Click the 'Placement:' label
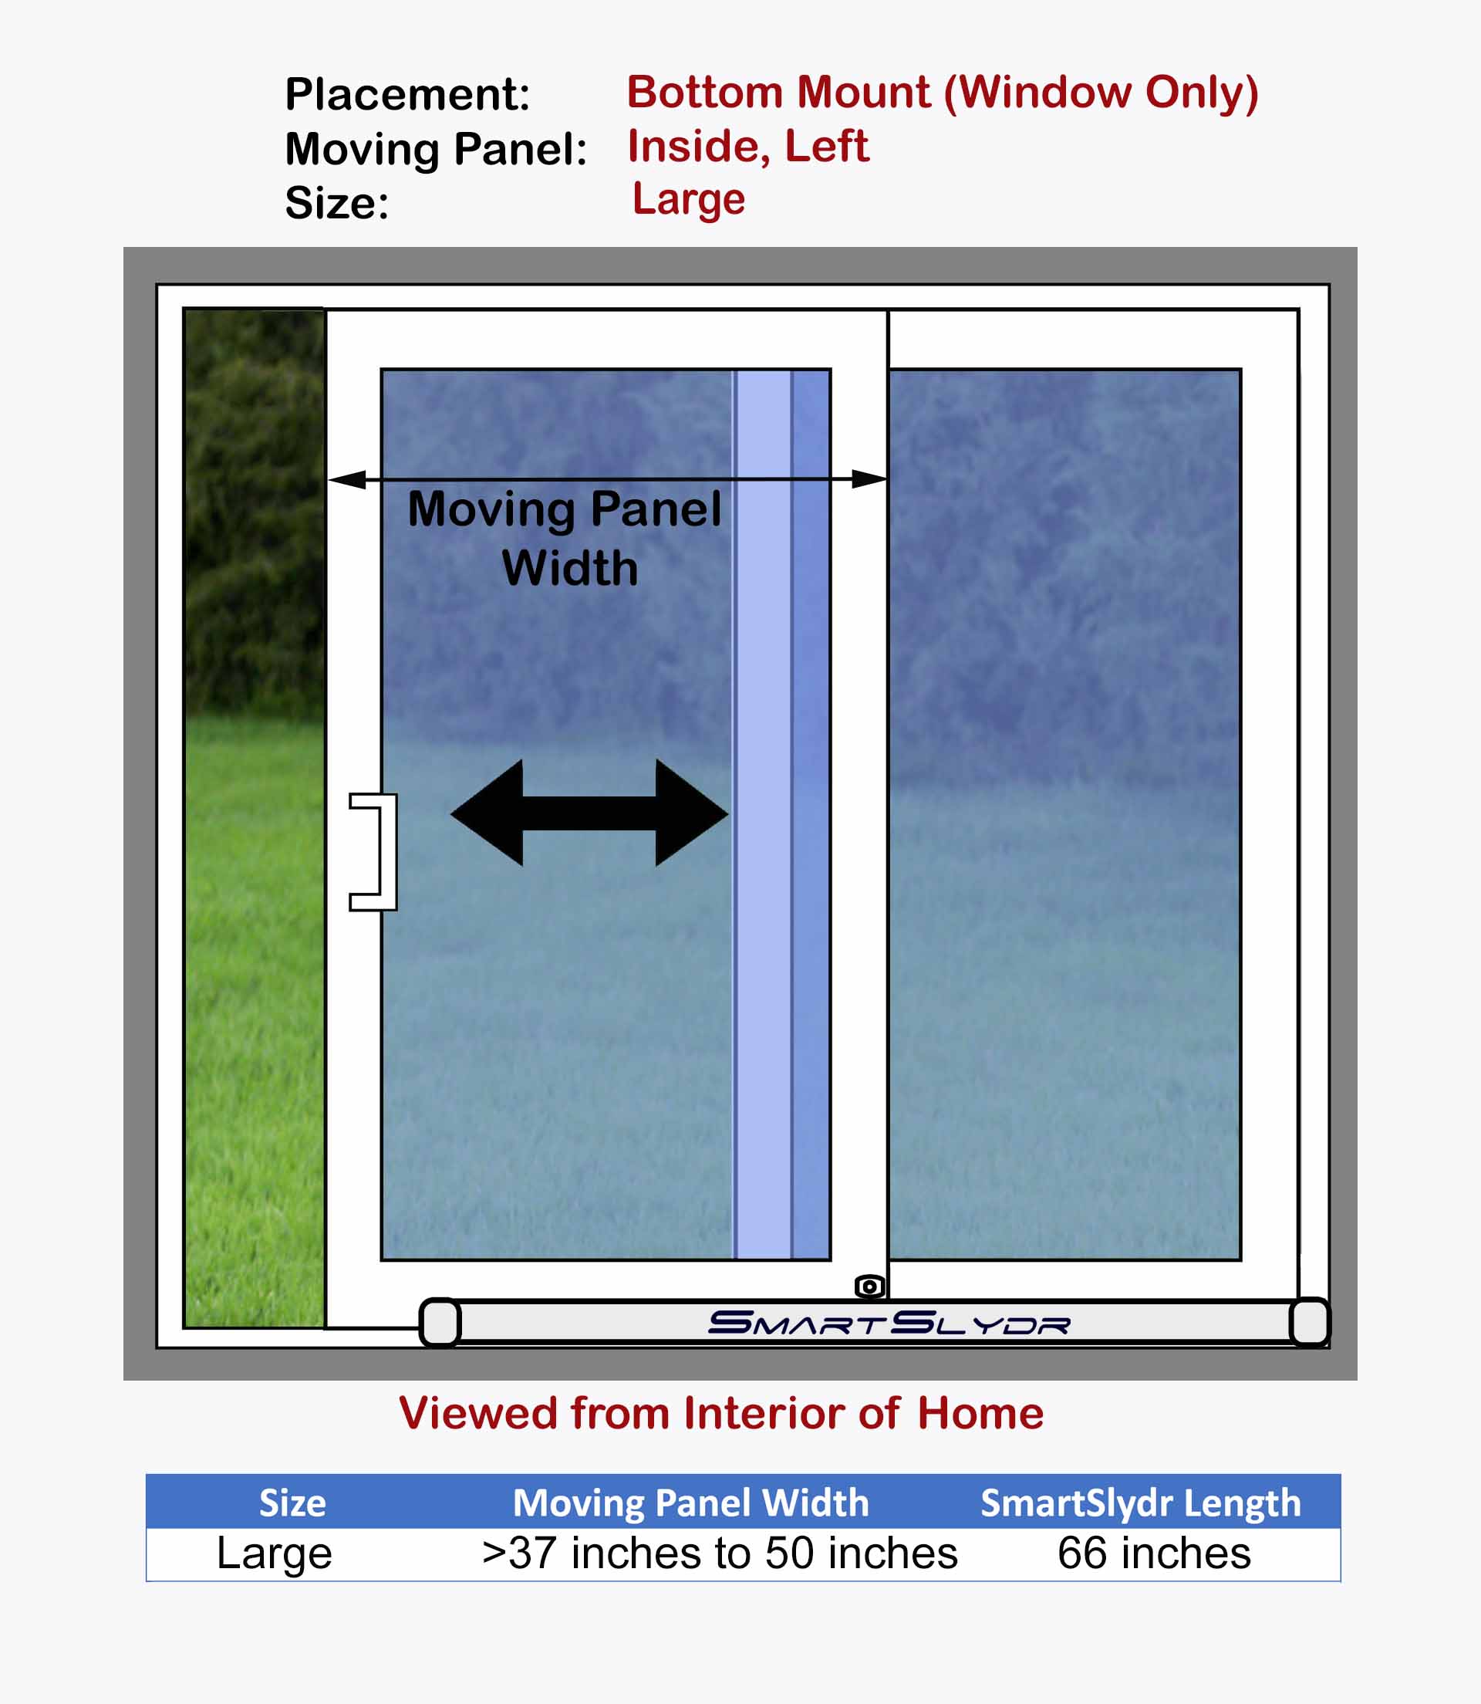click(407, 94)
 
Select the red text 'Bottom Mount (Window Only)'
click(942, 93)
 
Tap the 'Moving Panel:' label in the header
click(436, 150)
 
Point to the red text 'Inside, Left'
click(748, 147)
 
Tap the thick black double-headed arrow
click(589, 813)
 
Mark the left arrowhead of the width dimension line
click(347, 479)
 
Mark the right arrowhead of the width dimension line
click(869, 478)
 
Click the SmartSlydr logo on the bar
click(889, 1323)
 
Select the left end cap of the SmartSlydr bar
click(440, 1322)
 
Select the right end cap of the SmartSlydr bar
click(1310, 1322)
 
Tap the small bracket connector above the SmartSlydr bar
click(869, 1286)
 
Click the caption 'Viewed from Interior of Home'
click(720, 1413)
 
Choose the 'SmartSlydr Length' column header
click(1141, 1503)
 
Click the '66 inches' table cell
click(1154, 1554)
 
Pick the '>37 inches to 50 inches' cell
click(720, 1554)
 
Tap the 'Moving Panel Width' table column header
click(691, 1503)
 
